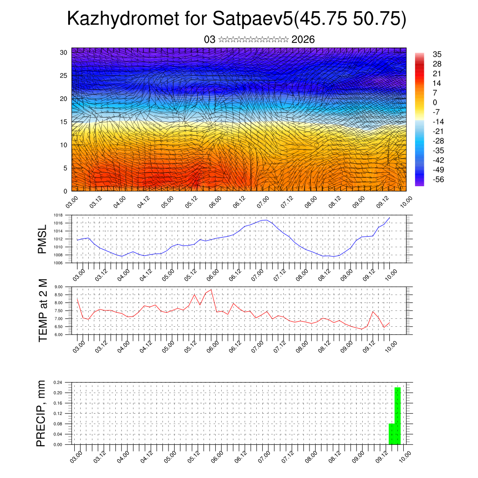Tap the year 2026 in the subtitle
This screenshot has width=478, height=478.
coord(303,40)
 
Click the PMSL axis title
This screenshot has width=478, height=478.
coord(42,239)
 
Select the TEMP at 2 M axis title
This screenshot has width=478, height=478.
coord(42,310)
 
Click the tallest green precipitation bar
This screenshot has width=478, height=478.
coord(398,415)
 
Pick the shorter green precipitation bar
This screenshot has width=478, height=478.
coord(392,434)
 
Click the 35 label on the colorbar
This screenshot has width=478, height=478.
coord(437,54)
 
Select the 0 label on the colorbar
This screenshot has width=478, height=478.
coord(435,102)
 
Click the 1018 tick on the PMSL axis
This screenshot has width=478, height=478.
coord(58,215)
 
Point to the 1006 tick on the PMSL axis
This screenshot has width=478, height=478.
coord(58,263)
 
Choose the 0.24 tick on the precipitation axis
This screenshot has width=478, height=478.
coord(58,382)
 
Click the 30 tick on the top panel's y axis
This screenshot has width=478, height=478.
coord(63,52)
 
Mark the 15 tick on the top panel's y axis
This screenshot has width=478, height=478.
coord(63,122)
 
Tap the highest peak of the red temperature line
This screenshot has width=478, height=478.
coord(211,289)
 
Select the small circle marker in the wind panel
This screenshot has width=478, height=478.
coord(317,145)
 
